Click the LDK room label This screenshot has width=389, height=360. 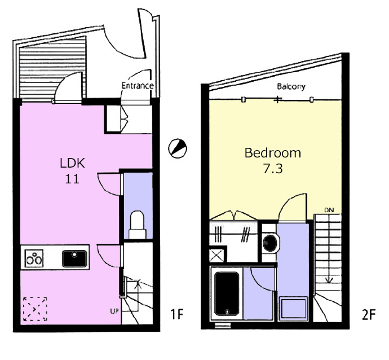[x=72, y=163]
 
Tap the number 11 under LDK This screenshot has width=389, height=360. [x=72, y=178]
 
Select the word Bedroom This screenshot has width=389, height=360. [x=273, y=153]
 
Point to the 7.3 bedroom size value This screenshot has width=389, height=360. [x=273, y=169]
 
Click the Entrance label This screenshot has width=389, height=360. [x=138, y=86]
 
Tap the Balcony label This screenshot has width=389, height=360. [x=291, y=86]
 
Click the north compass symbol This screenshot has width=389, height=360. [x=178, y=148]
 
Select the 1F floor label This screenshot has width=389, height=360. [x=177, y=314]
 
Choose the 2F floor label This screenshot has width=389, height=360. [x=369, y=314]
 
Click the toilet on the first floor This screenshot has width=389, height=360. [x=137, y=225]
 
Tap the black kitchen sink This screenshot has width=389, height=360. [x=74, y=258]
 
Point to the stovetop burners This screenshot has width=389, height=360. [x=34, y=258]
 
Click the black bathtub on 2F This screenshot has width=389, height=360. [x=227, y=293]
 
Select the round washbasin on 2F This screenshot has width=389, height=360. [x=271, y=243]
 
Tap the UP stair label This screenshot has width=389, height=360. [x=114, y=310]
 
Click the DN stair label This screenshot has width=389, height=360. [x=329, y=210]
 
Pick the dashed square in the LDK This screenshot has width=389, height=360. [x=35, y=309]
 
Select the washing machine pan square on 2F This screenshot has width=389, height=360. [x=293, y=308]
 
